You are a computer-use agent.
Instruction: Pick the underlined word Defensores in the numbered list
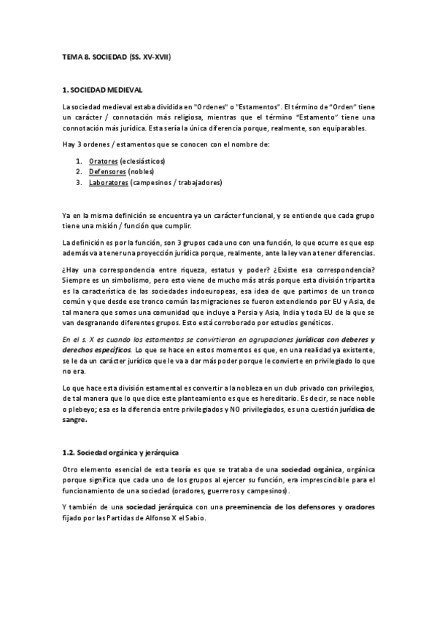click(106, 171)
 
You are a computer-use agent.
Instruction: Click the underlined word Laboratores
click(109, 182)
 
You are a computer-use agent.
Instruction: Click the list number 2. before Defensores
click(79, 171)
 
